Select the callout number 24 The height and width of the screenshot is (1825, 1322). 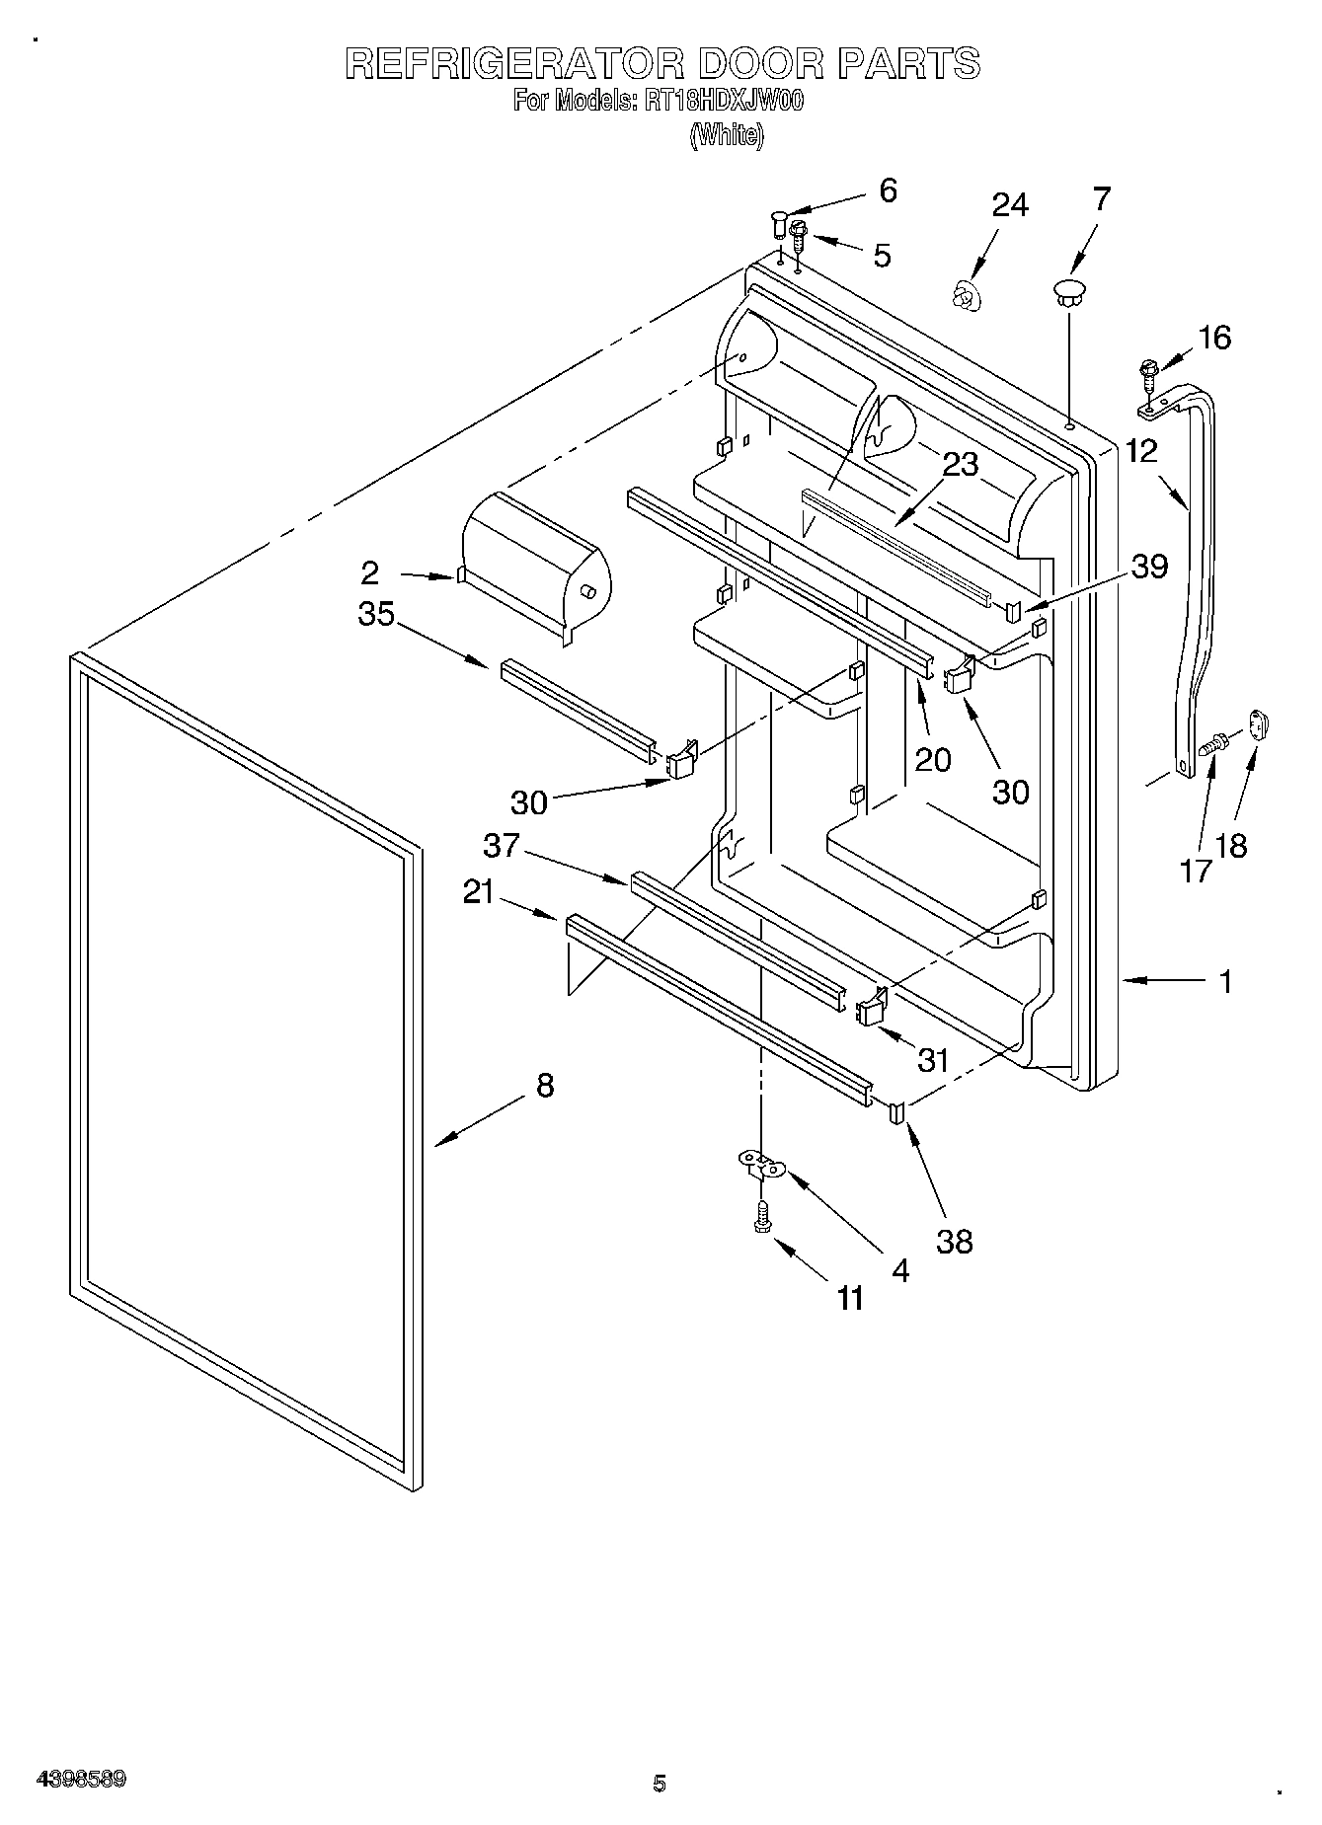point(1010,205)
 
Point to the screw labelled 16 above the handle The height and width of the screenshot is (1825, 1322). point(1147,374)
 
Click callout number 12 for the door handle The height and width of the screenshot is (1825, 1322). point(1141,451)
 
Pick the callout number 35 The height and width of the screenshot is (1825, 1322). point(376,614)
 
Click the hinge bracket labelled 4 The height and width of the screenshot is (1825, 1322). point(761,1166)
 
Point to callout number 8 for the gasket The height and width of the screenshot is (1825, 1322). point(545,1086)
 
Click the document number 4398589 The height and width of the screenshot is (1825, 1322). point(81,1781)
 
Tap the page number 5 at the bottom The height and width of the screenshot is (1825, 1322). point(660,1784)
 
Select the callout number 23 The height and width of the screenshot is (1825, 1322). point(960,465)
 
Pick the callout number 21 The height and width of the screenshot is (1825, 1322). point(479,892)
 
